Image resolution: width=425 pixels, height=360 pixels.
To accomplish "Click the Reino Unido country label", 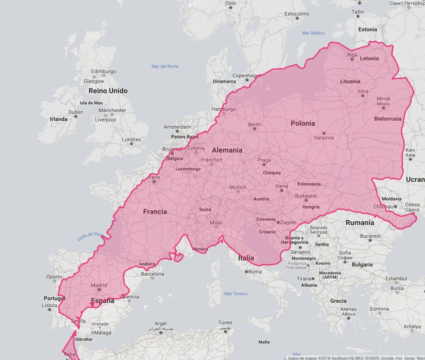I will tap(108, 91).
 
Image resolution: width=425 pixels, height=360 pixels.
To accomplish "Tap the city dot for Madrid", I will tap(99, 290).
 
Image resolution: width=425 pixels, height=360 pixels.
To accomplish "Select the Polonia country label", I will tap(303, 123).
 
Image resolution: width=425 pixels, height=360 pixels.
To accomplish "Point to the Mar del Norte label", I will tap(165, 66).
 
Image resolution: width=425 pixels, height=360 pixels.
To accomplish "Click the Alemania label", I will tap(227, 150).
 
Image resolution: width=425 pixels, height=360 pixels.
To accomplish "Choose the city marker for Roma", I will tap(247, 272).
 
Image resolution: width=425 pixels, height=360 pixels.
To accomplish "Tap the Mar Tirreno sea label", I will tap(236, 294).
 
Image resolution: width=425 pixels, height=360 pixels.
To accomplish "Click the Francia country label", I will tap(155, 212).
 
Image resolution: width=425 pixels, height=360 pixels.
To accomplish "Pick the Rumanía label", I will tap(360, 223).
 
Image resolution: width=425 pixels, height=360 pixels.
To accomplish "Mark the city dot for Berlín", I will tap(254, 129).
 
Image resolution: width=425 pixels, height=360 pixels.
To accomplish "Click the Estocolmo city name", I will tap(297, 14).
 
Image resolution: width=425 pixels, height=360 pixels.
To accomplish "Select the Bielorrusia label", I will tap(388, 119).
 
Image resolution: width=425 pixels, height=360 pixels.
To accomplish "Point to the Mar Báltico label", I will tap(313, 33).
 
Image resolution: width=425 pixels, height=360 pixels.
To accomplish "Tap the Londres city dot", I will tap(132, 144).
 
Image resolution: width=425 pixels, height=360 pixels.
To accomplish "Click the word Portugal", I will tap(54, 298).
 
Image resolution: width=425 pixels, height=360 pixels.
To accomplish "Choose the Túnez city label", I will tap(225, 322).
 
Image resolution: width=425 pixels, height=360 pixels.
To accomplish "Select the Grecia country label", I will tap(338, 301).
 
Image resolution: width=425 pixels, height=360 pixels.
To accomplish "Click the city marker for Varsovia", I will tap(324, 133).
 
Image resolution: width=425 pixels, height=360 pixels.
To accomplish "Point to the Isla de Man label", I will tap(91, 103).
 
